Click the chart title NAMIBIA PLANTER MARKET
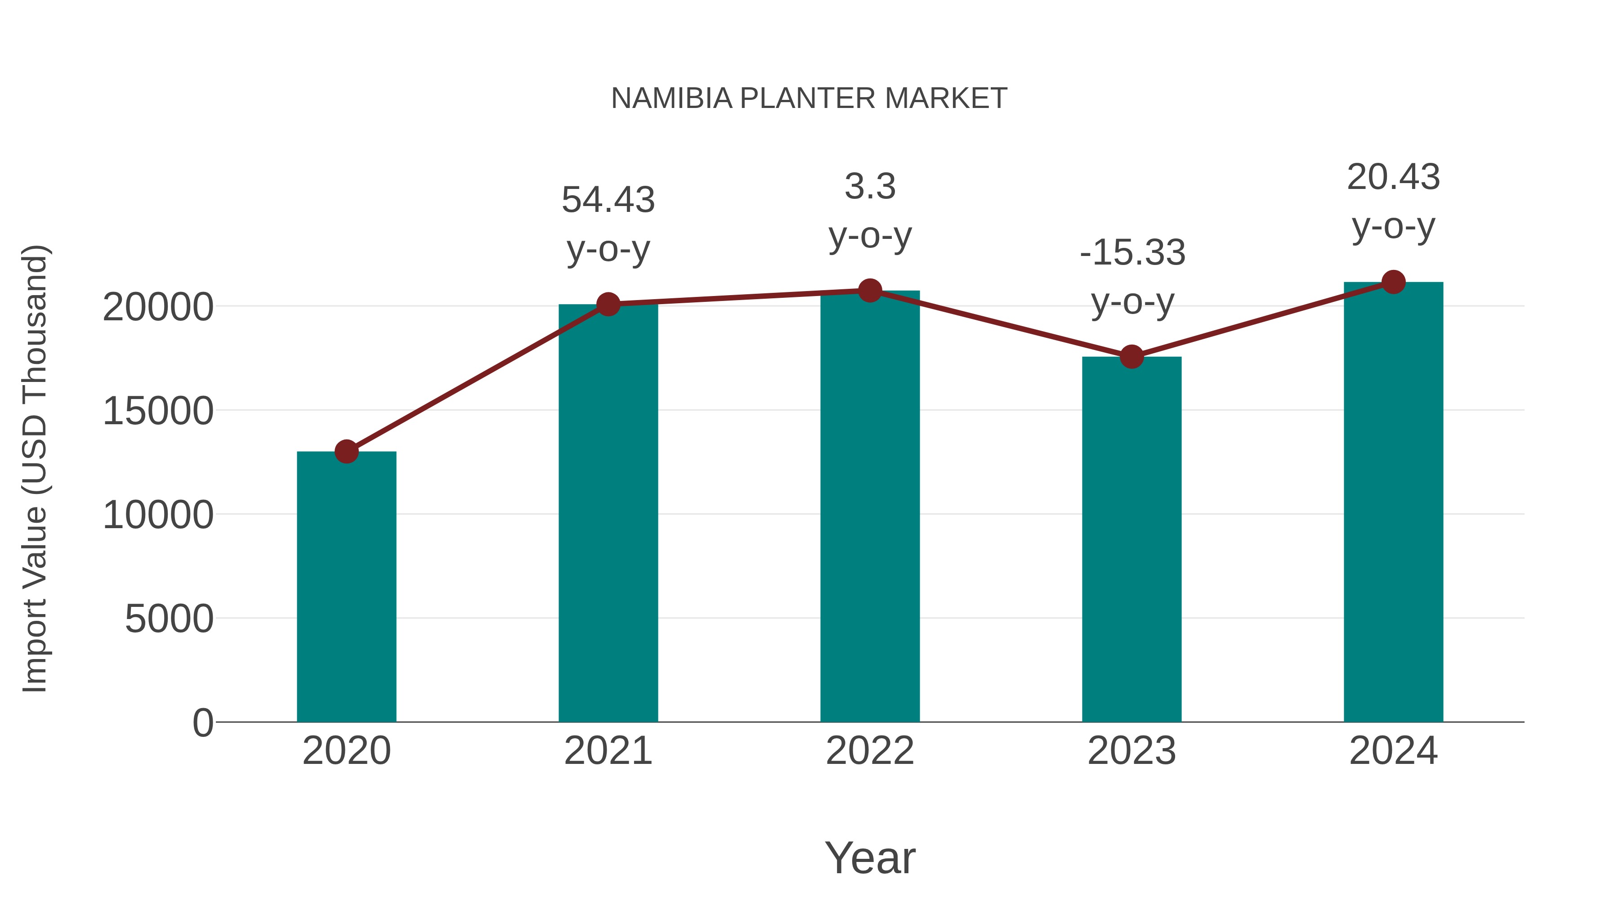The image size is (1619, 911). pyautogui.click(x=809, y=99)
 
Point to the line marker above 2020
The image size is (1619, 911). pyautogui.click(x=346, y=451)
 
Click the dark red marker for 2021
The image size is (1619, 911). pyautogui.click(x=608, y=304)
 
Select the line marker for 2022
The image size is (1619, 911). pyautogui.click(x=870, y=291)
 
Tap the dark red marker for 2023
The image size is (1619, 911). pyautogui.click(x=1132, y=356)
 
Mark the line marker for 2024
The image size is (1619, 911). pyautogui.click(x=1393, y=282)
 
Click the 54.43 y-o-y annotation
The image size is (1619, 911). pyautogui.click(x=608, y=224)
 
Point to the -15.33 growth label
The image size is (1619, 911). pyautogui.click(x=1132, y=277)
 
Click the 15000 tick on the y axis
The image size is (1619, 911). pyautogui.click(x=158, y=411)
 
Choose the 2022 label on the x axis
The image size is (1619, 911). pyautogui.click(x=870, y=751)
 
